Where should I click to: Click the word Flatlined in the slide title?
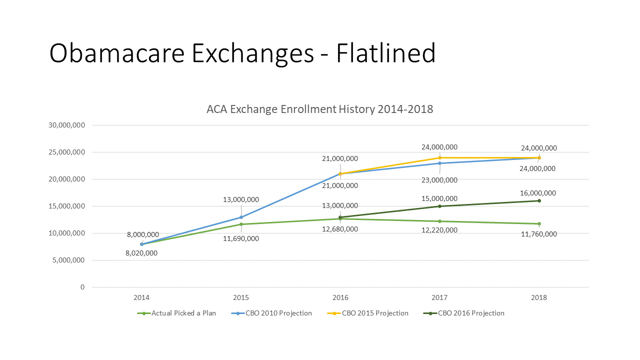tap(385, 53)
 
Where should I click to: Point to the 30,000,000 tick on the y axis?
tap(66, 125)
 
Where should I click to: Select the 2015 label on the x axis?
tap(241, 297)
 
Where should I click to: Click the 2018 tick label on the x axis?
tap(539, 297)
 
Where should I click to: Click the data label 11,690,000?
tap(241, 238)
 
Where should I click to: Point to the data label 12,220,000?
tap(439, 230)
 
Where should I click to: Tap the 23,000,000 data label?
tap(439, 180)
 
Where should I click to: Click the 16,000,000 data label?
tap(538, 193)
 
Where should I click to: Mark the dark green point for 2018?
tap(539, 201)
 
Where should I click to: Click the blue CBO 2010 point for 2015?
tap(241, 217)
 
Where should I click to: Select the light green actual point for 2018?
tap(539, 223)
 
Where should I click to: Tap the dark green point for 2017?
tap(439, 206)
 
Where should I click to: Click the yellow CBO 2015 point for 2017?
tap(439, 157)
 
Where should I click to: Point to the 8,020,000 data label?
tap(141, 253)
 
